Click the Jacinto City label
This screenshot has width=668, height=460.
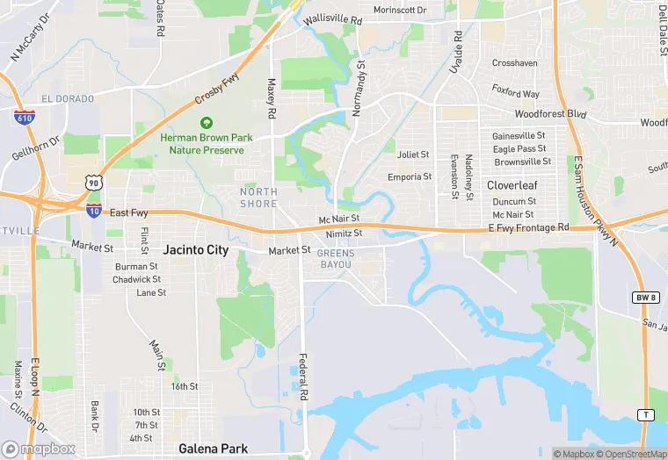195,250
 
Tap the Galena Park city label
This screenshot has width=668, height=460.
213,449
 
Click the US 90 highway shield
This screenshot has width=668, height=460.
93,182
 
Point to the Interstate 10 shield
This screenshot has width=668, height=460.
93,211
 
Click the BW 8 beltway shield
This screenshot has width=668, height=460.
644,298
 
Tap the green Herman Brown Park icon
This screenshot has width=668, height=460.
207,123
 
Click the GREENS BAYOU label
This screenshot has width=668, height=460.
336,259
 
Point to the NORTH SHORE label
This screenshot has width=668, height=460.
258,198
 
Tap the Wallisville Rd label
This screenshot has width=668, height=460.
332,19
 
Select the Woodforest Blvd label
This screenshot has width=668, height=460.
550,114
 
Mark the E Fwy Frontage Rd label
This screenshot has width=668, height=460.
528,228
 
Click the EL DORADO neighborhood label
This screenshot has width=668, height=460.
68,99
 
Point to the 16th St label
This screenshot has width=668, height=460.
185,386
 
